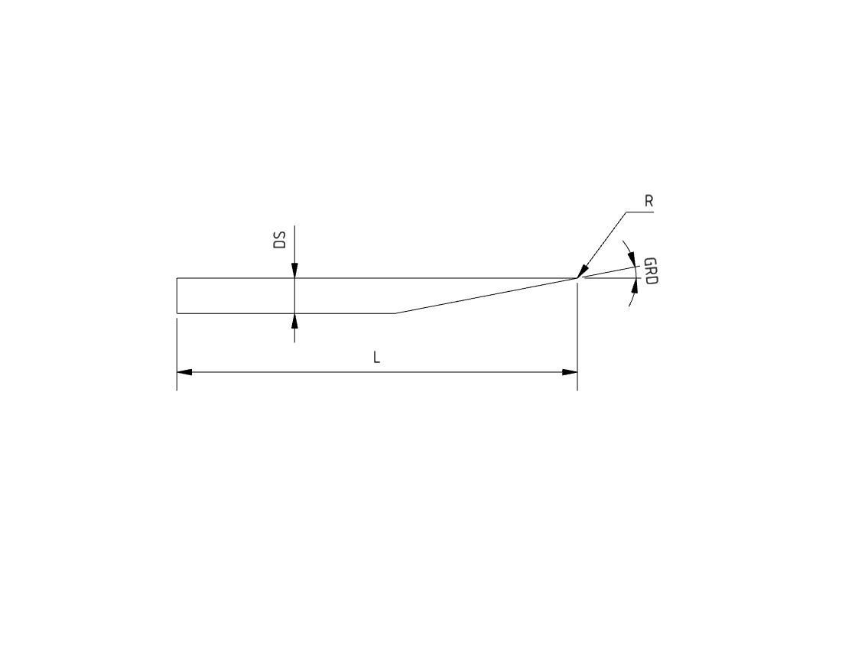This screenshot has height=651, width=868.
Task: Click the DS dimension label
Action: [280, 240]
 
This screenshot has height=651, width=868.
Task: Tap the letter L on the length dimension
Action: [376, 358]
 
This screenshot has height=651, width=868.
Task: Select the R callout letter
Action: [649, 202]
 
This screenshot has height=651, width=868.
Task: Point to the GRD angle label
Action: [651, 271]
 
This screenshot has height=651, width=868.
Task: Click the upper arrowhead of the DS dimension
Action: [294, 271]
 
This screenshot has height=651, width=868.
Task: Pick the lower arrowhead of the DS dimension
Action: [294, 320]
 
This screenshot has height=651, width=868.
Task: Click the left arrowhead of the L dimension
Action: [184, 372]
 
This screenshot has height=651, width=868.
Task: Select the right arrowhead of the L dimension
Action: [570, 372]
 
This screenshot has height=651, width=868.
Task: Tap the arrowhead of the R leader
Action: [582, 270]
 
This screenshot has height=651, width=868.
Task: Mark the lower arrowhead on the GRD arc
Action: [635, 286]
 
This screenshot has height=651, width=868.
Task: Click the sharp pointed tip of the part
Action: [577, 278]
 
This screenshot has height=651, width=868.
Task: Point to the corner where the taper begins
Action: [395, 313]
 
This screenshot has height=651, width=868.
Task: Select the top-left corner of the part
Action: [177, 278]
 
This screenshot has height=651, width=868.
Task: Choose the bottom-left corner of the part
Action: [177, 313]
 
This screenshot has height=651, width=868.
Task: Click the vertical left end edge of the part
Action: [177, 296]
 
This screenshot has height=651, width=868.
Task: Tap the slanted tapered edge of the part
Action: [486, 296]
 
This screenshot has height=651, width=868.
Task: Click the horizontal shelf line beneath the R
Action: [639, 212]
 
